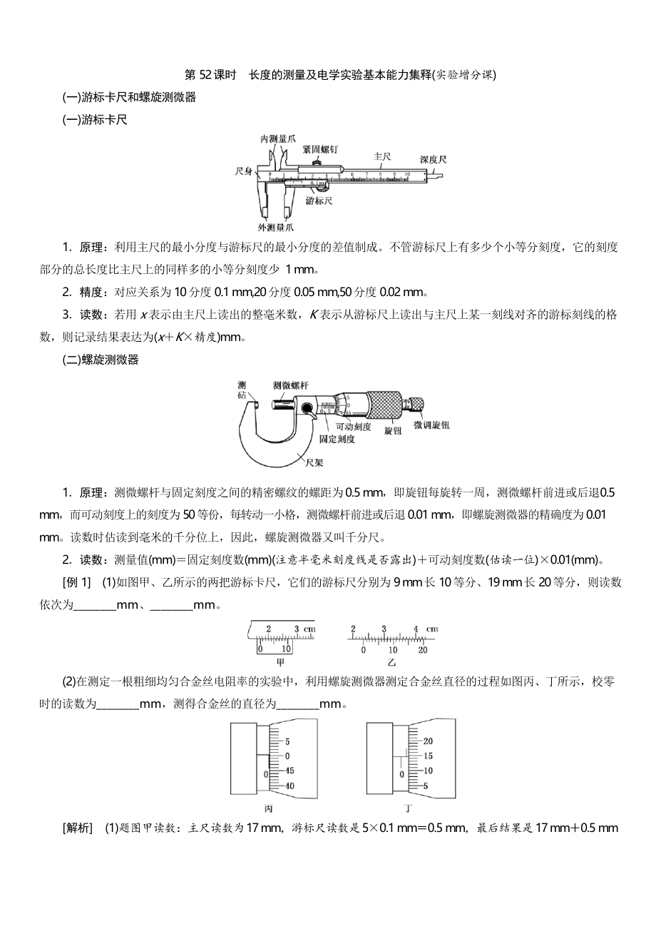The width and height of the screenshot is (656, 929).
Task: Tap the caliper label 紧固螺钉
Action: (319, 149)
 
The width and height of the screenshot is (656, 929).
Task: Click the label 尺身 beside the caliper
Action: (245, 172)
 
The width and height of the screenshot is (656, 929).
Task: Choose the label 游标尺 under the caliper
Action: (319, 201)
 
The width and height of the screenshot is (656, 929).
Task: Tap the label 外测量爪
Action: (276, 228)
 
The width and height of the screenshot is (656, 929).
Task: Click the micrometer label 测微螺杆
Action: (290, 385)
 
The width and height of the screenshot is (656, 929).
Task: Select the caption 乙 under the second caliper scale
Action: (391, 662)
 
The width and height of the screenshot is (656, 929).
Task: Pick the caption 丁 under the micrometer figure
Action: (408, 808)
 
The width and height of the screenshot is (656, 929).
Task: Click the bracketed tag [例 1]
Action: (77, 583)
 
